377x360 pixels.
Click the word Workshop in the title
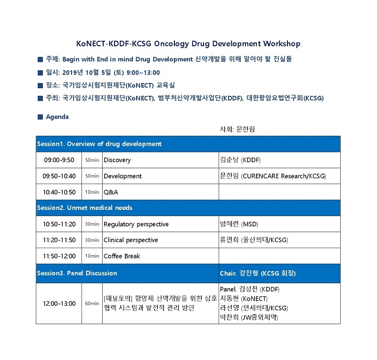(281, 44)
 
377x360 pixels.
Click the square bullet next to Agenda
(41, 117)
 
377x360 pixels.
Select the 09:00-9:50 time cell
(59, 160)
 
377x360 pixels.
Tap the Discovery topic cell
(161, 160)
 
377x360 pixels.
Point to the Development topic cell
(161, 176)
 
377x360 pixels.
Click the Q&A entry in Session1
(111, 192)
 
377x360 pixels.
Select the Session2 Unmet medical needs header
(85, 208)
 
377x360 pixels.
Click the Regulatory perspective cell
(161, 224)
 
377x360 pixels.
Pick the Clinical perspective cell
(161, 240)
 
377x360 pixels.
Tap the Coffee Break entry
(122, 256)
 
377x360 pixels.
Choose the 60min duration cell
(92, 303)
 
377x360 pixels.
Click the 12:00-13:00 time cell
(59, 303)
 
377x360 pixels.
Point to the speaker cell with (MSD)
(279, 224)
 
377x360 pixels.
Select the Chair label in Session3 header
(228, 273)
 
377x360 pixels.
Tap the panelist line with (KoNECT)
(244, 299)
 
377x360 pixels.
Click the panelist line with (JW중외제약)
(249, 318)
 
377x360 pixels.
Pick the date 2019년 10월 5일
(87, 73)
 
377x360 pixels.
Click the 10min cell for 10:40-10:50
(92, 192)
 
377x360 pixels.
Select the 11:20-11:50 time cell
(59, 240)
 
